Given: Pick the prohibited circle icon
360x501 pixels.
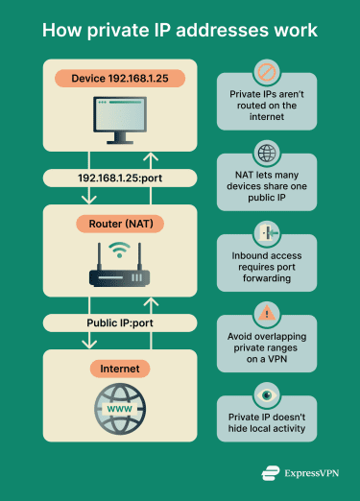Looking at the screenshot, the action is (x=265, y=71).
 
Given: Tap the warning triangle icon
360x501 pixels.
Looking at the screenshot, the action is (x=265, y=313).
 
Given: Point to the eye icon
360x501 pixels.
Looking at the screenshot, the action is (x=265, y=394).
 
